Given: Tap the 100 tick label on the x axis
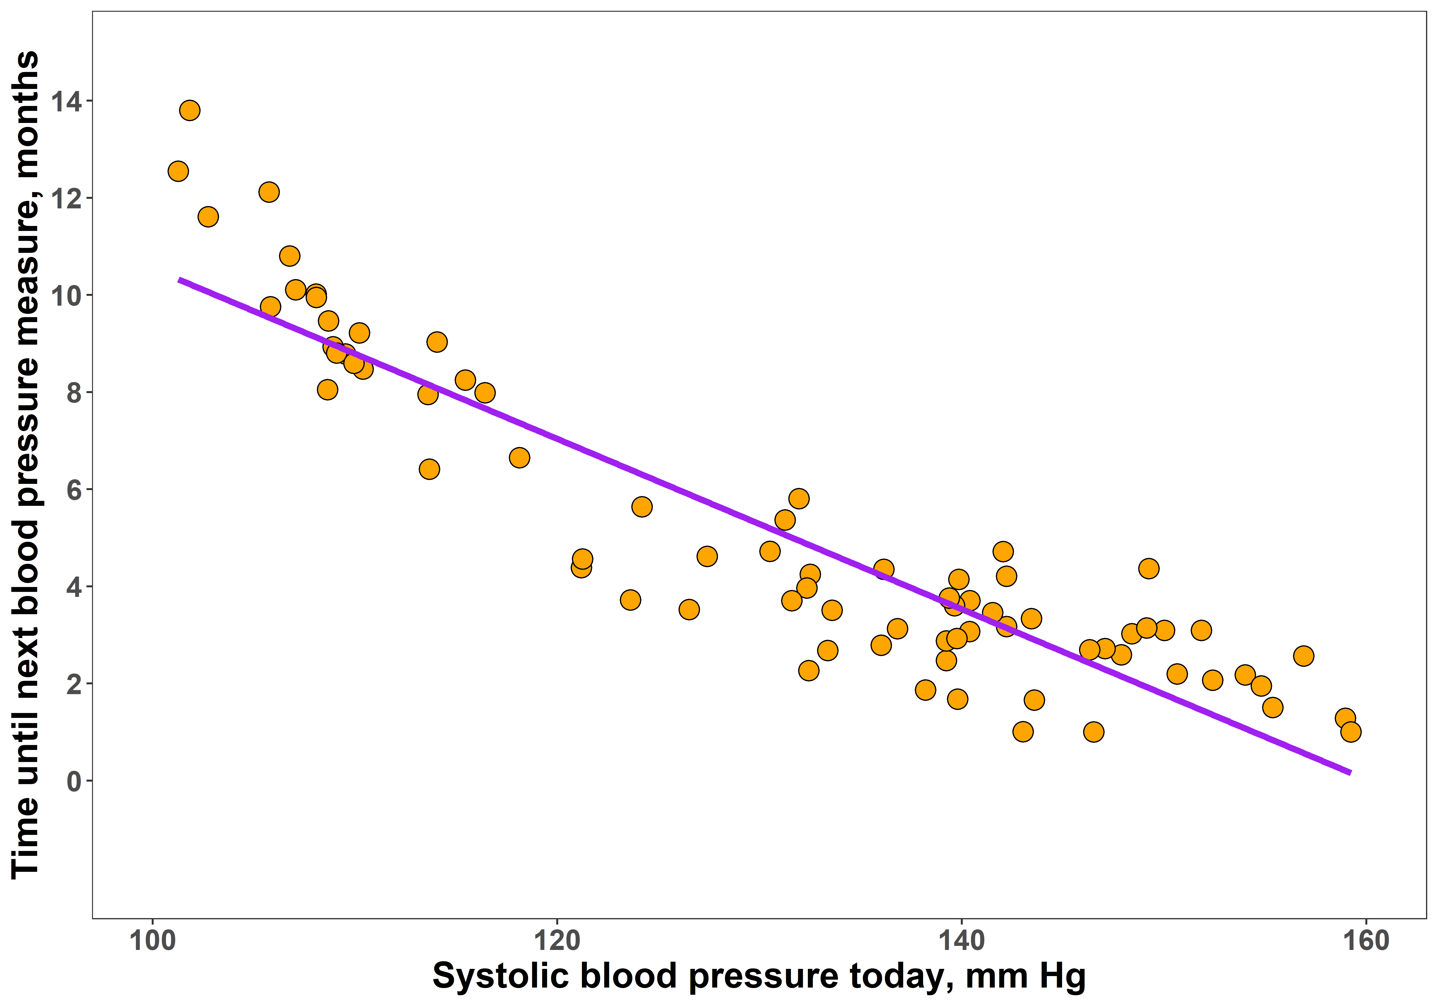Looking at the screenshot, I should [152, 941].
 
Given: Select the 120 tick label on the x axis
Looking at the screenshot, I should [557, 941].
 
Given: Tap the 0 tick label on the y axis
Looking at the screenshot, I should [74, 781].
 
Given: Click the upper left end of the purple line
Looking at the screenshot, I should [180, 280].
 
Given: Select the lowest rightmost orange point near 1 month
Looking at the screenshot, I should [1351, 732].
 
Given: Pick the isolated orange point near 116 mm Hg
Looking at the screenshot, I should [519, 458].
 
